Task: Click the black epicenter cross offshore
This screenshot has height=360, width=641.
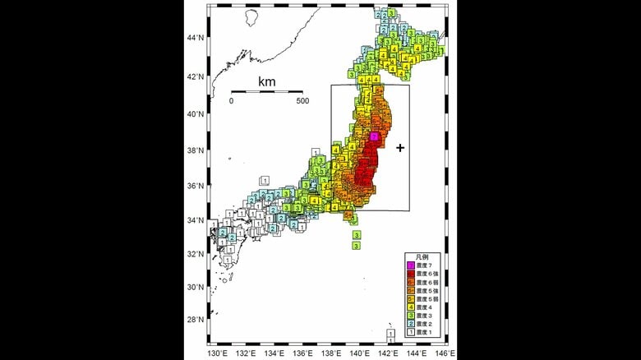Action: (x=400, y=148)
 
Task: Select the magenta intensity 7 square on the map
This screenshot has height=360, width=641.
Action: (x=374, y=136)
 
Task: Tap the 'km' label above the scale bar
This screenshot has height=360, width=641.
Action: (x=267, y=81)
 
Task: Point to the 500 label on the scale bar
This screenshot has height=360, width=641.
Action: (x=302, y=101)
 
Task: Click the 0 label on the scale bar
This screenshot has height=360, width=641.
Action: (x=231, y=101)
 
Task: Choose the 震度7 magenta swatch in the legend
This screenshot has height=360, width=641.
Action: (x=411, y=265)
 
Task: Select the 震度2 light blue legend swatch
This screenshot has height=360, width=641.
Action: (x=411, y=325)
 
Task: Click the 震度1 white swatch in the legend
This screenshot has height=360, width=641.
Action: (x=411, y=335)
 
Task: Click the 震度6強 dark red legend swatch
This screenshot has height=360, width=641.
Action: (x=411, y=274)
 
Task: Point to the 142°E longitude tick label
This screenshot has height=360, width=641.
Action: (x=388, y=352)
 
